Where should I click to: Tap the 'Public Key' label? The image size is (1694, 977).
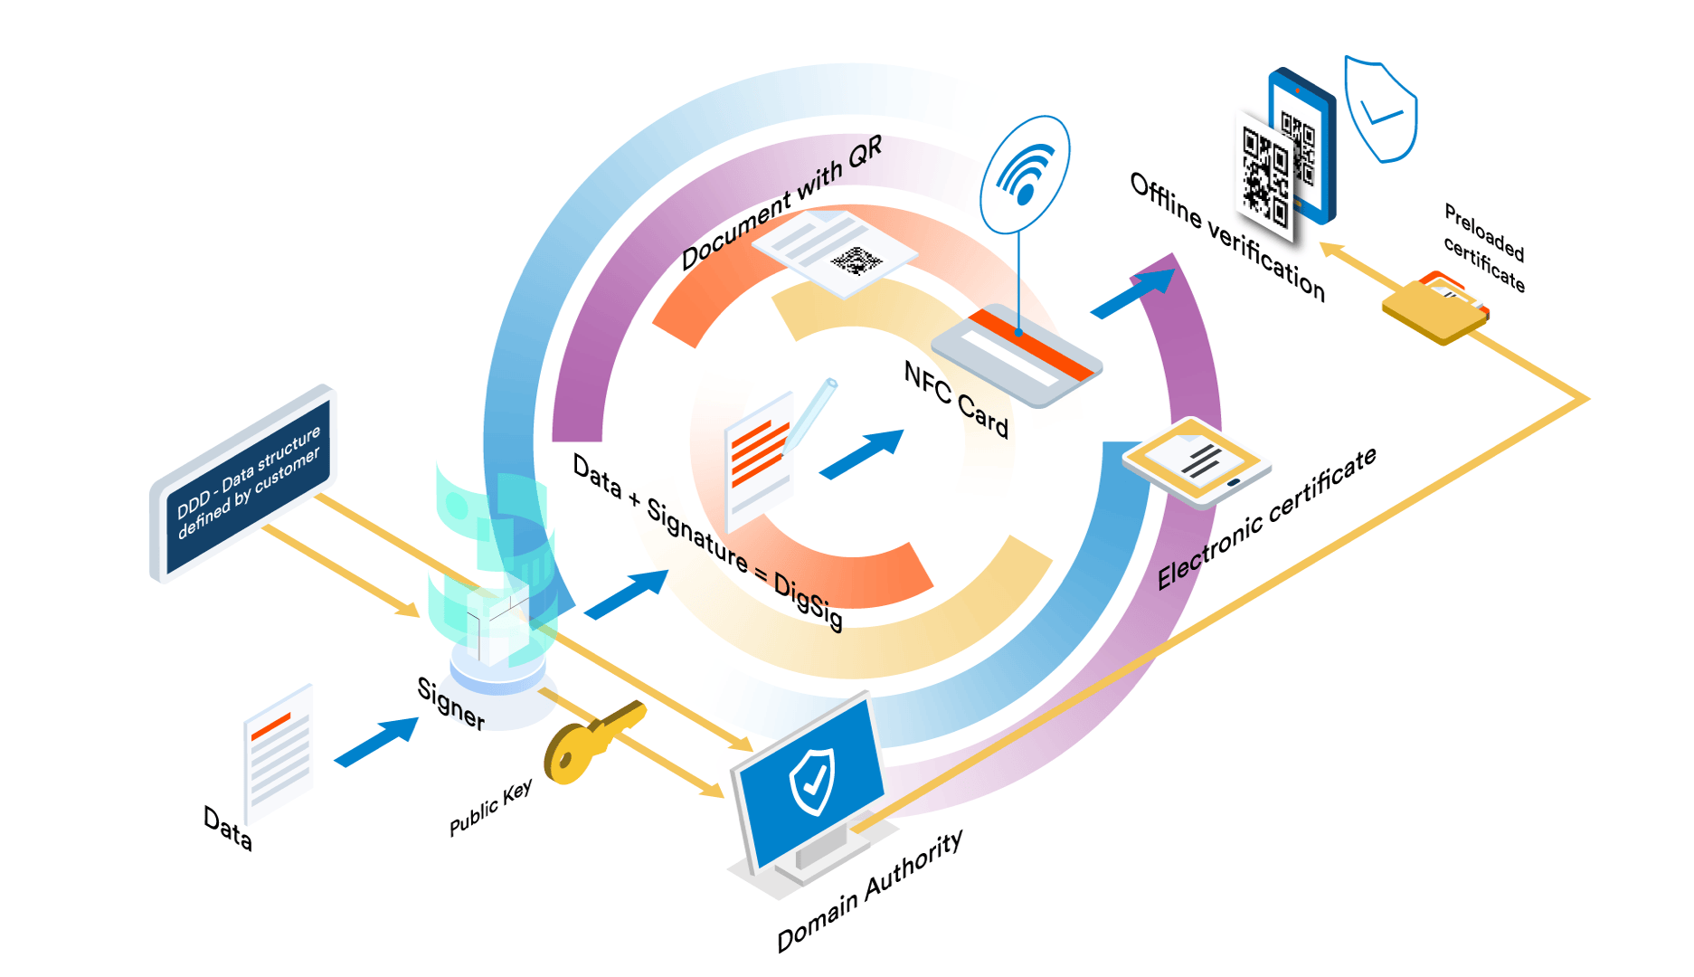[491, 808]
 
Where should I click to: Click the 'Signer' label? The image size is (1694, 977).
[450, 703]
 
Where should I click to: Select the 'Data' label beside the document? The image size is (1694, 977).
[227, 827]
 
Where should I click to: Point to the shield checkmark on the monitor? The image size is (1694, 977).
[812, 781]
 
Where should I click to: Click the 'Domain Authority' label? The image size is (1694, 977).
[869, 891]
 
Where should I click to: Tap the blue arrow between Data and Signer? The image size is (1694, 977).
[376, 741]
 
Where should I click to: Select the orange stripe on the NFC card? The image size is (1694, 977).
[1031, 344]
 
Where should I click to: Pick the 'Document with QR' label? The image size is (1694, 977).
[781, 204]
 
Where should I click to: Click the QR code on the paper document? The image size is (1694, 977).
[855, 261]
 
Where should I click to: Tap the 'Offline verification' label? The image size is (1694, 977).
[1227, 236]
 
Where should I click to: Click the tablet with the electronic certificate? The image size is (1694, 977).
[1197, 461]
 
